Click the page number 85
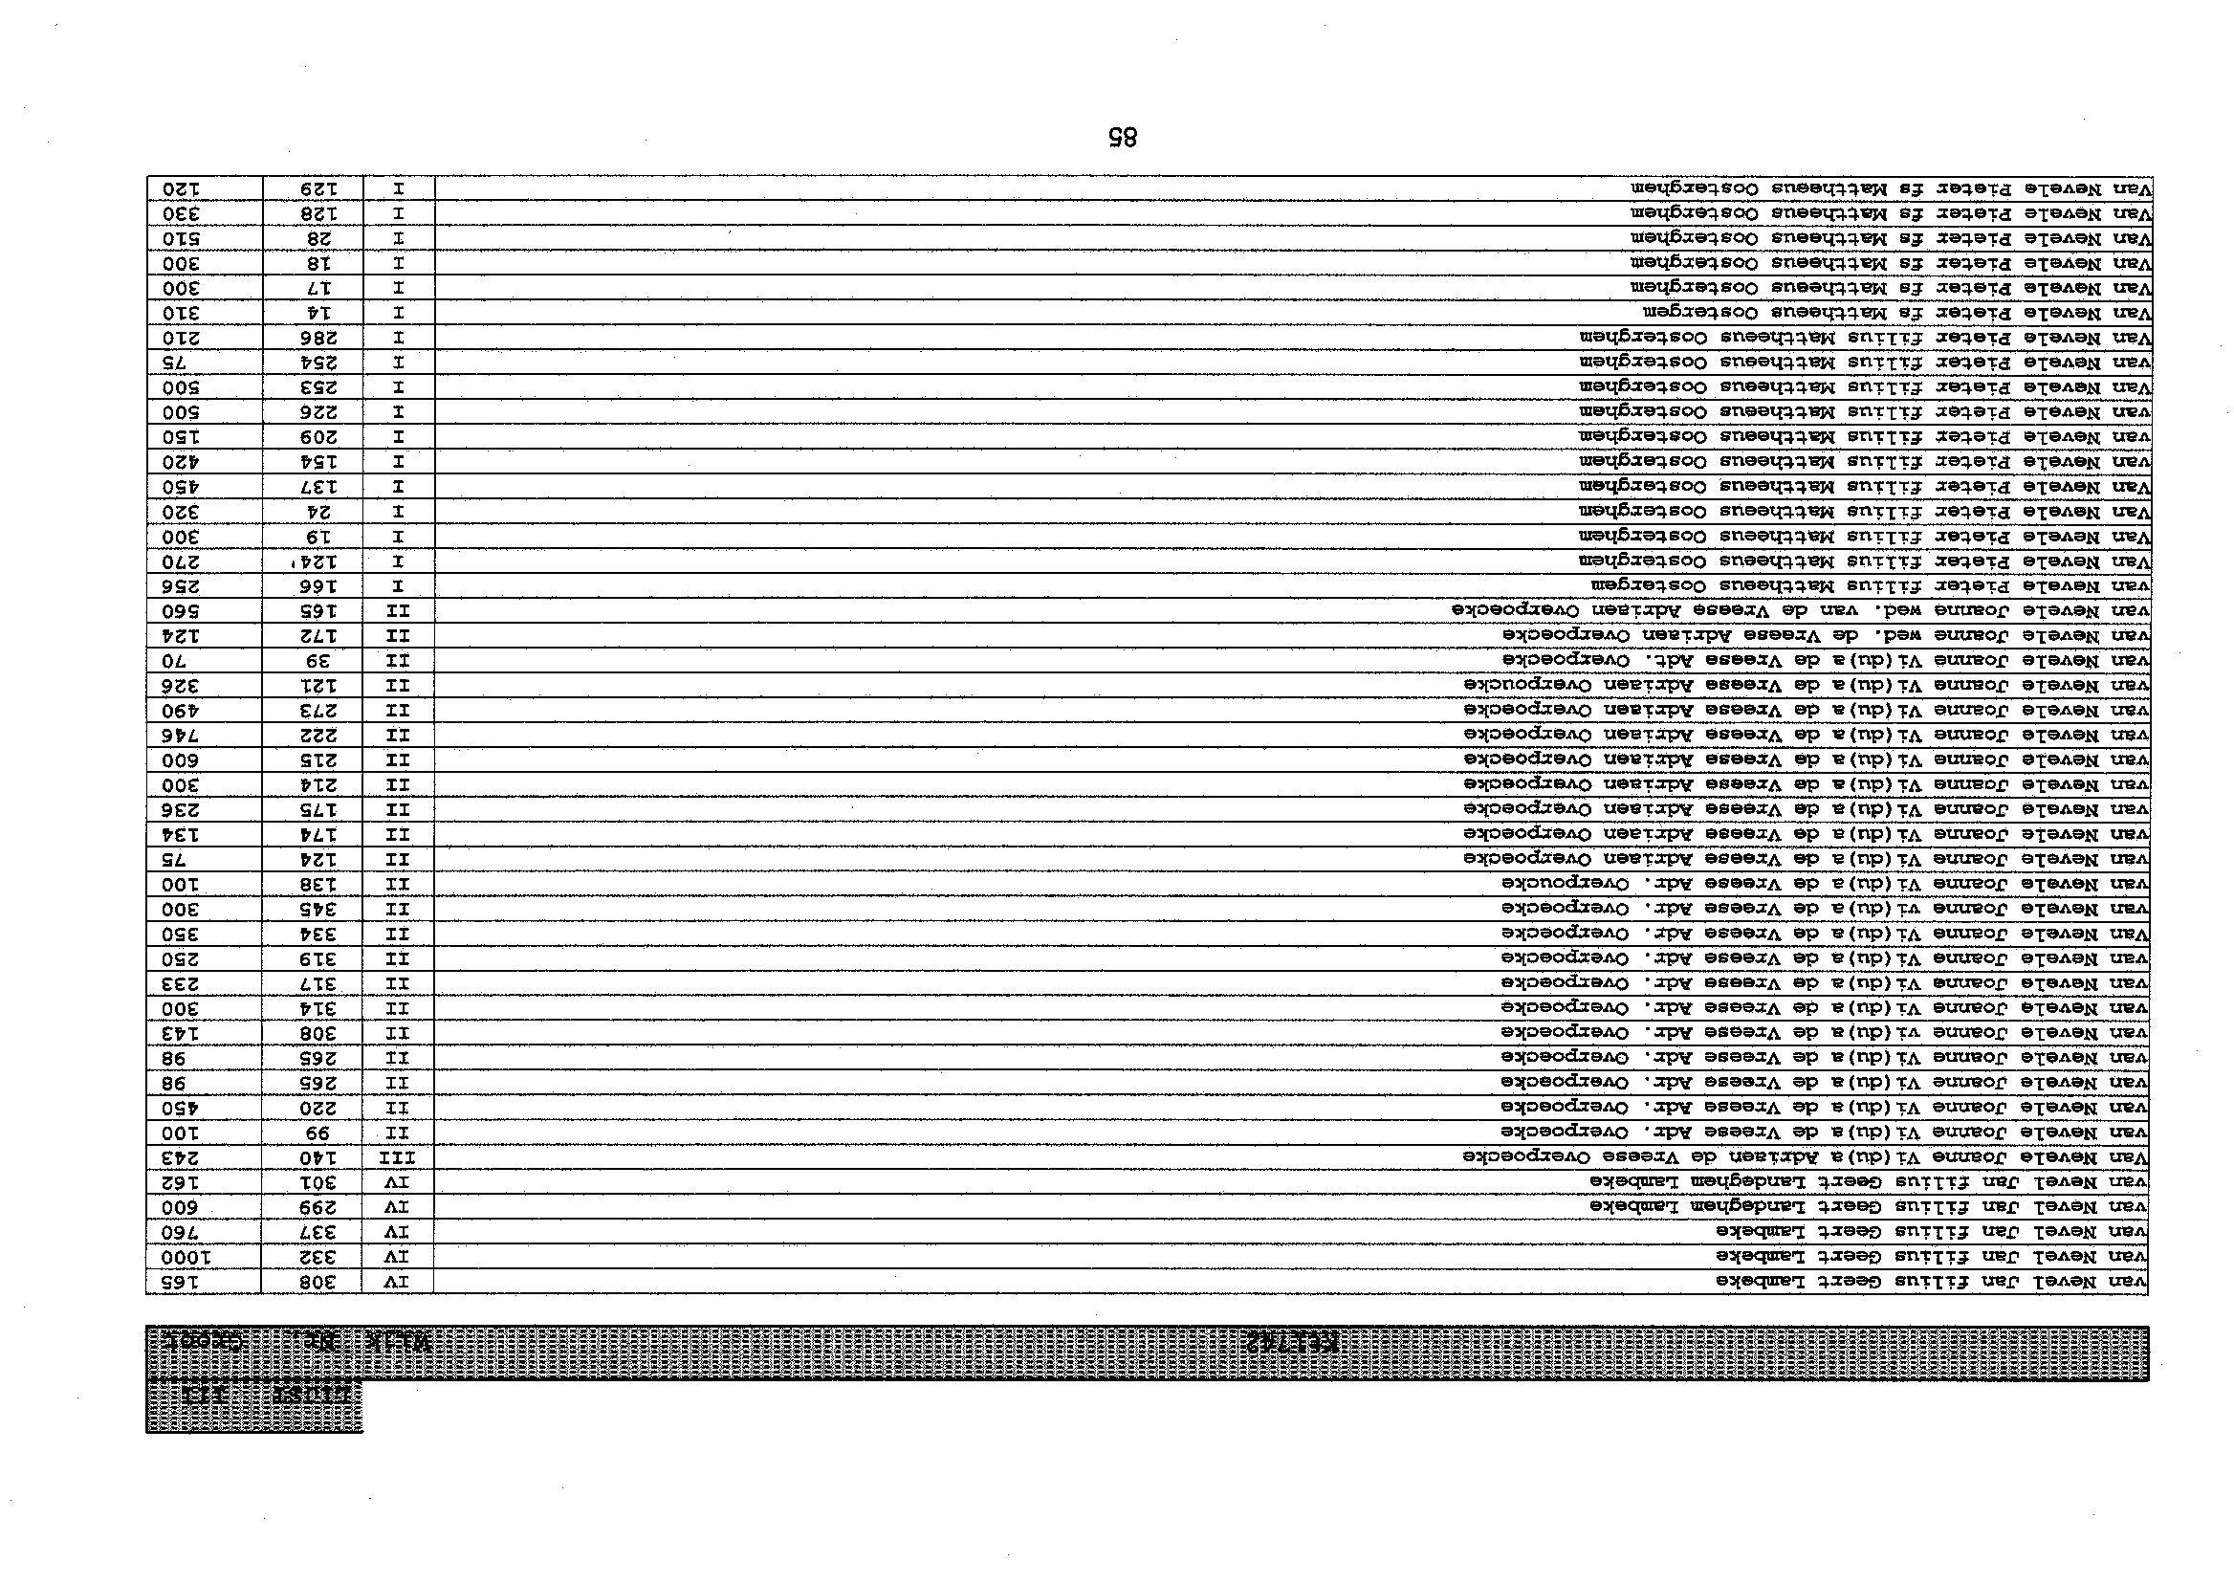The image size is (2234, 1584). click(1124, 138)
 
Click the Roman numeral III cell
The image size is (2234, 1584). click(397, 1156)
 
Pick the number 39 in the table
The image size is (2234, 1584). click(312, 659)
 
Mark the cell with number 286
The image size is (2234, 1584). click(312, 337)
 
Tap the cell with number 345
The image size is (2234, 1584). click(312, 908)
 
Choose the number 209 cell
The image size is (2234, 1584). click(312, 436)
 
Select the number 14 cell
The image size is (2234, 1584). click(312, 312)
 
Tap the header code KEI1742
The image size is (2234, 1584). click(1291, 1341)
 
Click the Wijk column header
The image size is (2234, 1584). click(398, 1341)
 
